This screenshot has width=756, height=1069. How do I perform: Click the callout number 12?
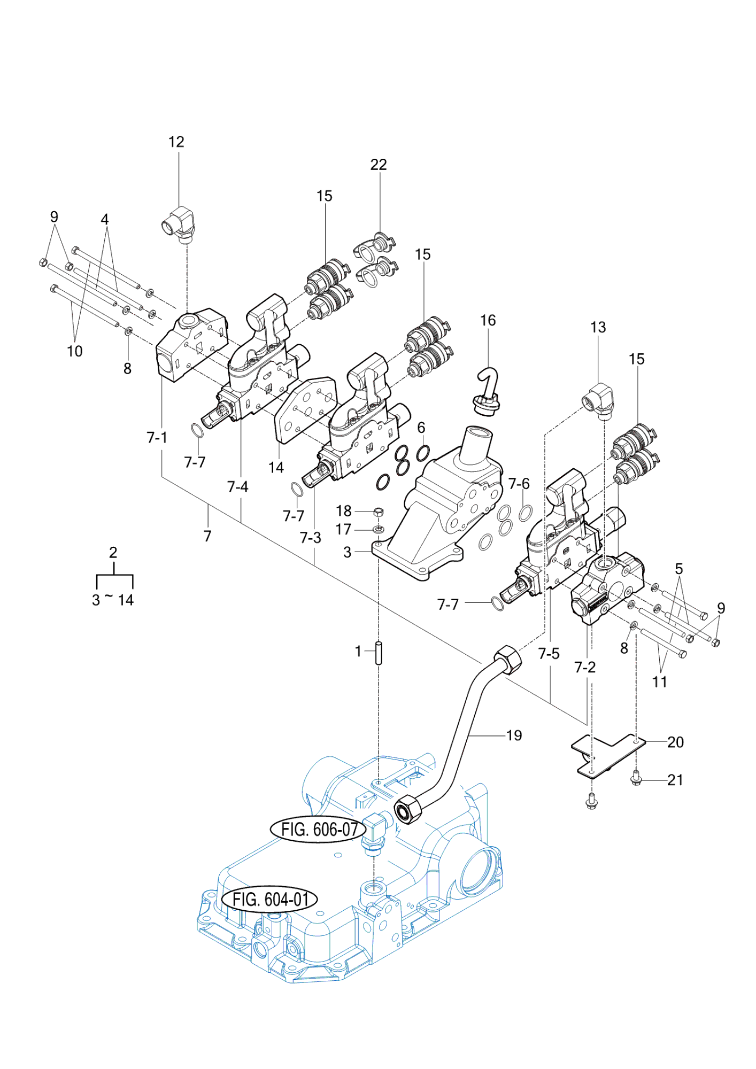176,142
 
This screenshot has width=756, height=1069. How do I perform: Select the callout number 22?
379,165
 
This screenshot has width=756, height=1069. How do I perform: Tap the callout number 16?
488,320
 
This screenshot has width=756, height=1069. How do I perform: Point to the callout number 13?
598,327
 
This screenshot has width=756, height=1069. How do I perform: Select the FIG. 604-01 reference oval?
269,900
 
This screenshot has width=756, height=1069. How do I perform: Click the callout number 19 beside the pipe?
514,735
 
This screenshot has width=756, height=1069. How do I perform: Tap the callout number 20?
675,742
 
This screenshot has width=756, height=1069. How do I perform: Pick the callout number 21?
675,780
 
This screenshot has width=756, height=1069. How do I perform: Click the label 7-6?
519,484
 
